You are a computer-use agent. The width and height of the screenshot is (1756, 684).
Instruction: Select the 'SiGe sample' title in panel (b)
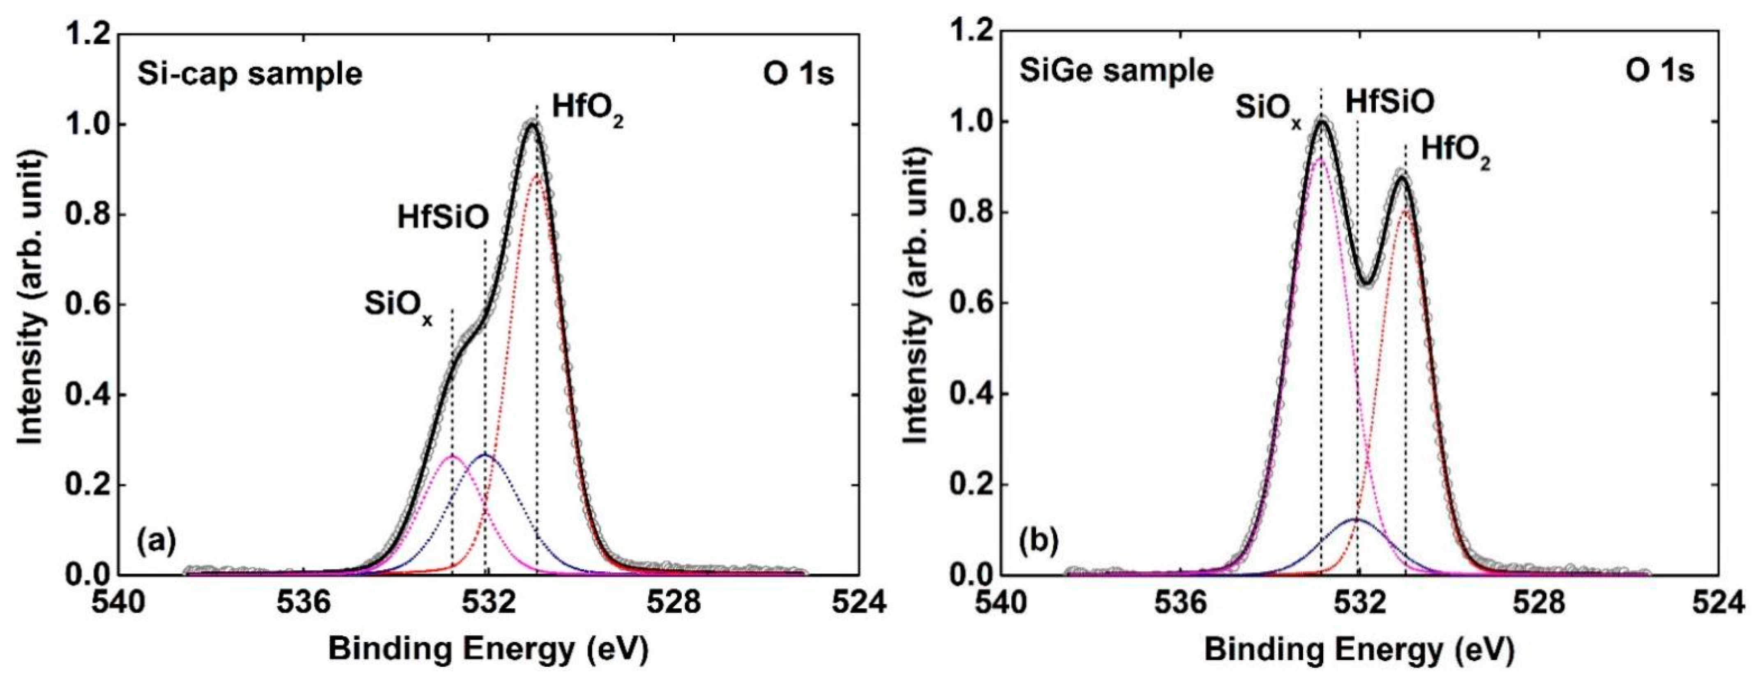pyautogui.click(x=1117, y=71)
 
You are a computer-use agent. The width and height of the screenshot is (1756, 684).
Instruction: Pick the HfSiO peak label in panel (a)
pyautogui.click(x=443, y=218)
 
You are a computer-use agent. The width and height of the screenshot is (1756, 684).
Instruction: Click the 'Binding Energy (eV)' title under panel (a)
pyautogui.click(x=488, y=650)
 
